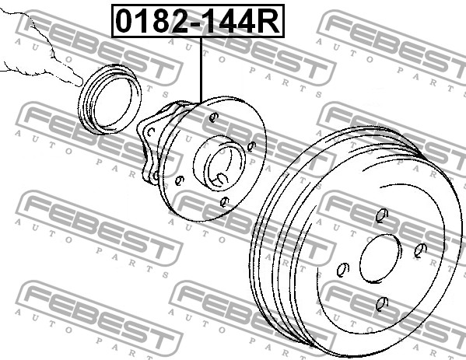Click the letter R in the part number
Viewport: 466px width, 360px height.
coord(268,21)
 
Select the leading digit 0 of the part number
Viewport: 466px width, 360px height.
coord(125,21)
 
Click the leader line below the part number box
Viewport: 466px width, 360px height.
coord(201,70)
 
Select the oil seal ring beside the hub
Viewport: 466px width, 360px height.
coord(110,100)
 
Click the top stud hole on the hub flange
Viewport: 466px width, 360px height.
coord(213,117)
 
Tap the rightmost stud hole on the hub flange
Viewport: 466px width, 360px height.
coord(251,146)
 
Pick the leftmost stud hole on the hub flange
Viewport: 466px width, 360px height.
coord(179,180)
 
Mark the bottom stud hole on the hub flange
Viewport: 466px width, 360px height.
coord(224,202)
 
